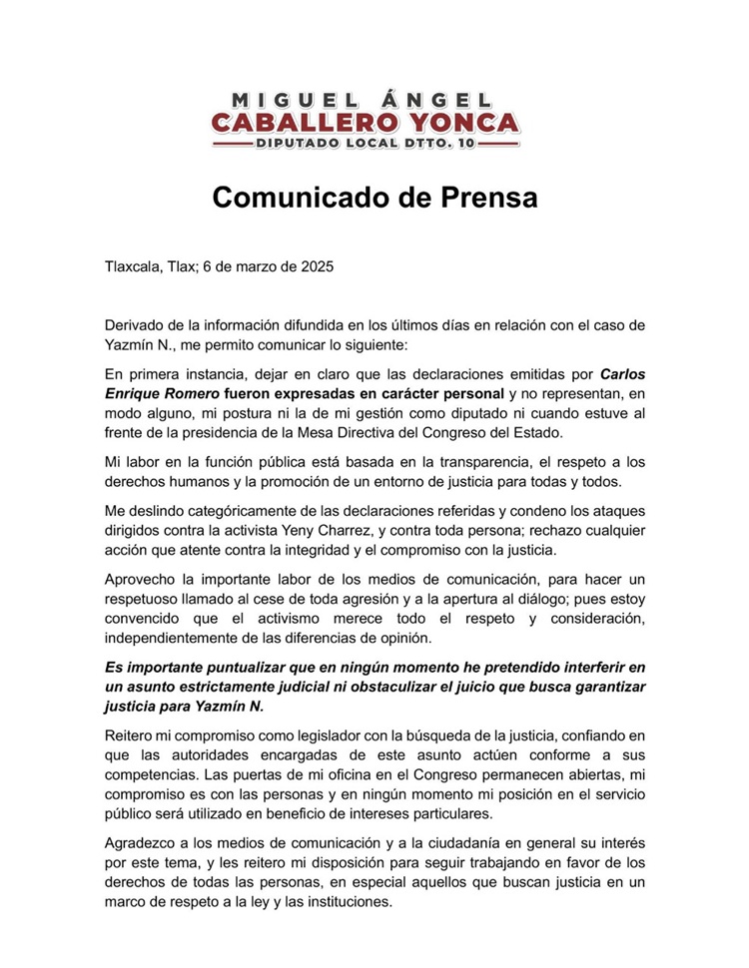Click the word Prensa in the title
479,197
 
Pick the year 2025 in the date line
315,267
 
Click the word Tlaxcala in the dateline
135,267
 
